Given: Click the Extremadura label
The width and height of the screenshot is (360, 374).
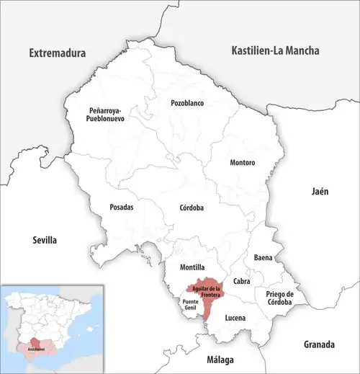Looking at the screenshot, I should click(x=57, y=53).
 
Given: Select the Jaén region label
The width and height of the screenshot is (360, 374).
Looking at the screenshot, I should click(x=320, y=192).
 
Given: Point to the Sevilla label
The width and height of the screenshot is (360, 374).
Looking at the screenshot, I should click(x=42, y=240).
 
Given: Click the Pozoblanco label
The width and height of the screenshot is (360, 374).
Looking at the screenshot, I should click(x=187, y=103).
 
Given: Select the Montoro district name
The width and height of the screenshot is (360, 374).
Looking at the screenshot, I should click(x=242, y=163).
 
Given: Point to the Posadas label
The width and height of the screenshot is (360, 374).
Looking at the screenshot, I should click(x=121, y=207).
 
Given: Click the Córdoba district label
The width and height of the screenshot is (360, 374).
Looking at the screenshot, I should click(x=191, y=208).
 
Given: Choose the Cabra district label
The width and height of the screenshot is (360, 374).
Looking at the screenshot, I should click(x=242, y=281).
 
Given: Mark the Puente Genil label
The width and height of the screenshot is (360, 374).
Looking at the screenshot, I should click(x=190, y=304).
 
